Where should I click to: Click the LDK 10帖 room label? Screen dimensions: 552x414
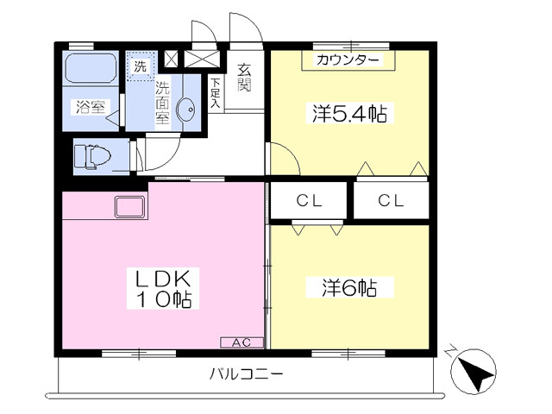(163, 288)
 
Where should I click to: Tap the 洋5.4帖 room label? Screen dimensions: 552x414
(349, 113)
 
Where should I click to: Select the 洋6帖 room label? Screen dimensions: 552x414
(349, 288)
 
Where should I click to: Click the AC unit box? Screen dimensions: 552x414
(241, 342)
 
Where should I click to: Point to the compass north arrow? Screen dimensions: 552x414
(474, 371)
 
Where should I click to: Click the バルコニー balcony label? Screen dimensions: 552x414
(246, 373)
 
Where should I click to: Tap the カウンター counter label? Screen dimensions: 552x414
(348, 60)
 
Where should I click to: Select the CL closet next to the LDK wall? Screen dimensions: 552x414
(309, 201)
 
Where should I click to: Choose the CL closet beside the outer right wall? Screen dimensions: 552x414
(391, 201)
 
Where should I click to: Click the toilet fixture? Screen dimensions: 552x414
(92, 156)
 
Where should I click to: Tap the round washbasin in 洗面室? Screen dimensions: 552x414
(185, 109)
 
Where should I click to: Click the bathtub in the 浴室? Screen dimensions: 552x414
(91, 68)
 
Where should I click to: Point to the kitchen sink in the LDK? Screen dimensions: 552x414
(129, 207)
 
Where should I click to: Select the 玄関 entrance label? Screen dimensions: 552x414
(244, 78)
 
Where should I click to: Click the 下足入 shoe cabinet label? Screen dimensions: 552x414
(216, 93)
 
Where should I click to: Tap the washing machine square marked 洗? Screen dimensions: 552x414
(141, 66)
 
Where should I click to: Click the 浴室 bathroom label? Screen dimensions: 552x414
(91, 107)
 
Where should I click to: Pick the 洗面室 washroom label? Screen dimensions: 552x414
(163, 103)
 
